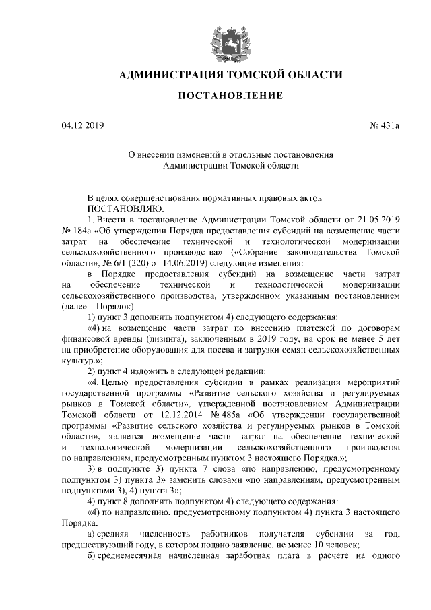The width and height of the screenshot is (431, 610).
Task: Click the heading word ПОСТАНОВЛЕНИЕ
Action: (x=230, y=97)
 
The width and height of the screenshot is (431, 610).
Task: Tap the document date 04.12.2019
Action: (x=83, y=125)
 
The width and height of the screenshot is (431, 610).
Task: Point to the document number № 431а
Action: (x=385, y=125)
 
